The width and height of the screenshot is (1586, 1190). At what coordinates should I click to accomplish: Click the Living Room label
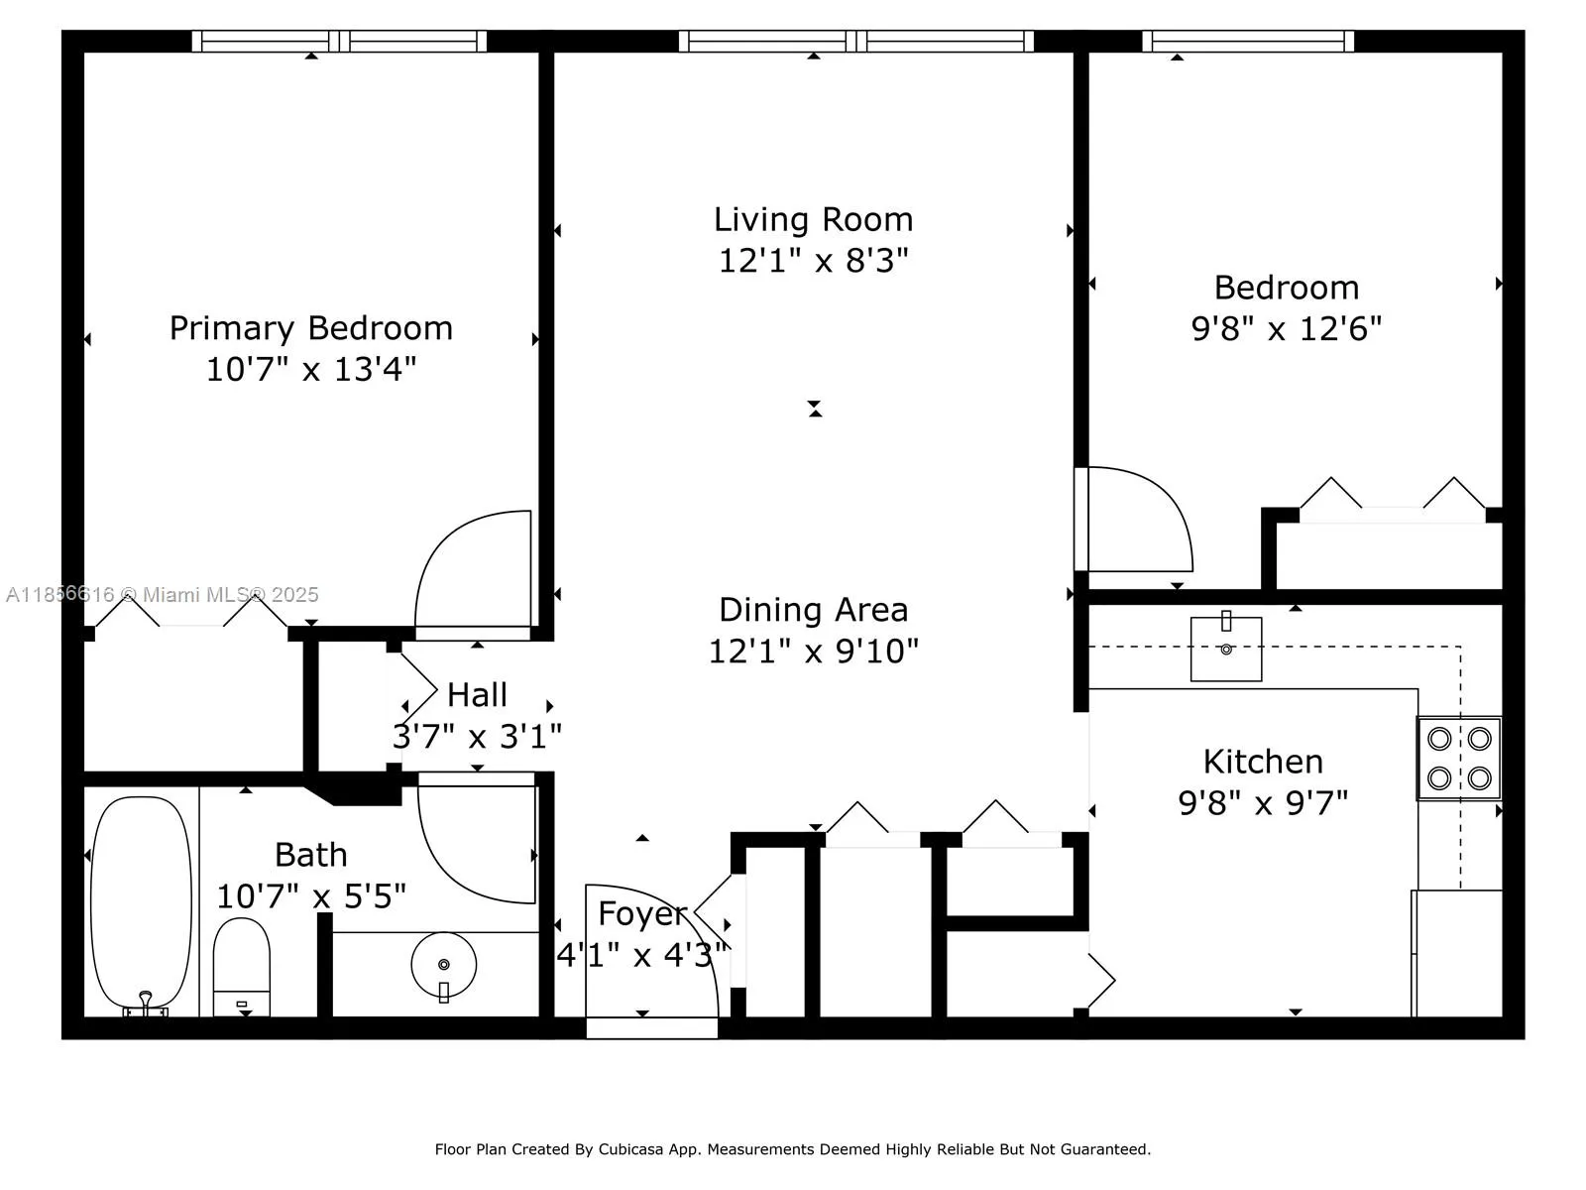pos(813,219)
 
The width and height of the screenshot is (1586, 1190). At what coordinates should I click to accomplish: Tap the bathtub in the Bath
pos(141,902)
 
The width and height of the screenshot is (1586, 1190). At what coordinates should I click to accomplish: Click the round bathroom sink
pos(443,964)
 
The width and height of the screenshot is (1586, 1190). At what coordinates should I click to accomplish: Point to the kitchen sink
pos(1226,650)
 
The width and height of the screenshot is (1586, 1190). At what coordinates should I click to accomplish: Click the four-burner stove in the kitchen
pos(1458,759)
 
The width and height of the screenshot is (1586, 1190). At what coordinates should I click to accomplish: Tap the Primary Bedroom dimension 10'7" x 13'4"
pos(311,370)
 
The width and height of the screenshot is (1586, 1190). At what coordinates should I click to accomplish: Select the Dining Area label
pos(813,610)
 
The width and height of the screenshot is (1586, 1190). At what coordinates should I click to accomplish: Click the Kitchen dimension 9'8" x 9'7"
pos(1263,802)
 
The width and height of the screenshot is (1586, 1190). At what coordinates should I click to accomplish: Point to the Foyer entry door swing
pos(649,947)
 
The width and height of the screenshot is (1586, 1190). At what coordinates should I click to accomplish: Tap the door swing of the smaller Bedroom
pos(1135,521)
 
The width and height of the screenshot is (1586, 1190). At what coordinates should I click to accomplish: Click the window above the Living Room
pos(856,41)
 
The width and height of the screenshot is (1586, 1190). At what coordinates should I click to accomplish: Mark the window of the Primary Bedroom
pos(339,41)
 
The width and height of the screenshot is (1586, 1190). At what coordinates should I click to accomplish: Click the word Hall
pos(477,695)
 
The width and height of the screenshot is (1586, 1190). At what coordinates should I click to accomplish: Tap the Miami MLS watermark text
pos(164,595)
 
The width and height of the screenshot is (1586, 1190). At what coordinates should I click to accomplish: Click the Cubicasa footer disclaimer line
pos(792,1149)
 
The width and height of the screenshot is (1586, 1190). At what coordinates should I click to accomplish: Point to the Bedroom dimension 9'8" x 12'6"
pos(1286,328)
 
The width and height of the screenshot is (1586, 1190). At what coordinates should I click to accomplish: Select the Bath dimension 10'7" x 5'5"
pos(311,896)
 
